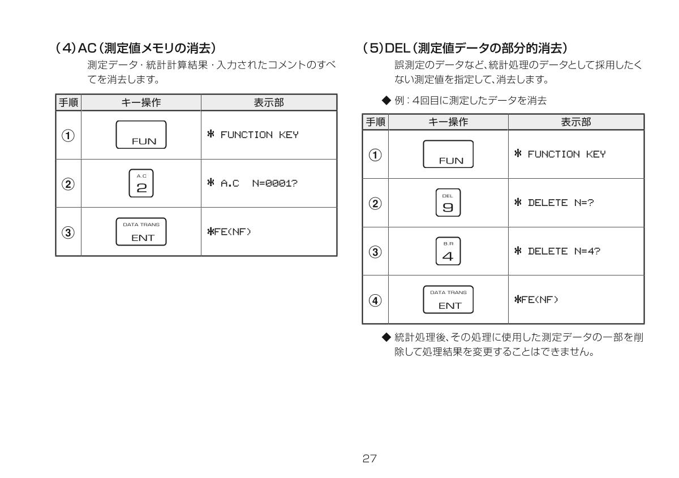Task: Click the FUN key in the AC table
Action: pos(141,135)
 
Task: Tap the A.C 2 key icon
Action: pos(141,183)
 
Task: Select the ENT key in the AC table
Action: pos(141,231)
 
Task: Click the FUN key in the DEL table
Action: pos(448,154)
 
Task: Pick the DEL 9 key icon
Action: pos(448,203)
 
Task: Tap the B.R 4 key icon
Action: pos(448,251)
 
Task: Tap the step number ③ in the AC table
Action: pos(68,231)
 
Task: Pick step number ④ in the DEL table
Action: pos(375,300)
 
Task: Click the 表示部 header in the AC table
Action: pos(269,102)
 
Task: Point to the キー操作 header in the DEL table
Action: pos(448,122)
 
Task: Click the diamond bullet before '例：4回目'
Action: pos(386,100)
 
